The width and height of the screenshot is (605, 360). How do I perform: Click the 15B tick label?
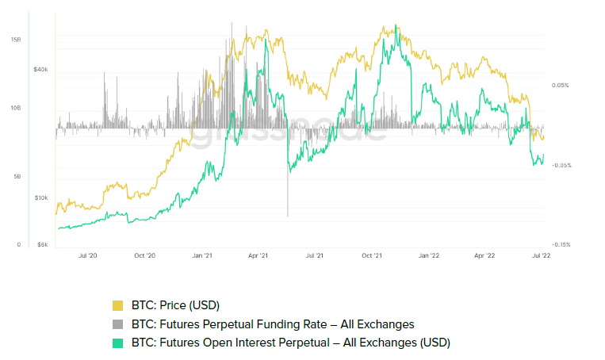point(16,39)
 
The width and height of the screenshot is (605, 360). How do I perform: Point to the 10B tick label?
point(16,108)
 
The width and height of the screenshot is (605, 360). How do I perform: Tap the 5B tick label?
point(16,177)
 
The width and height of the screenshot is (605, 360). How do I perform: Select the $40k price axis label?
point(40,70)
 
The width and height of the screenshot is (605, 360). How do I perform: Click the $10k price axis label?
point(40,198)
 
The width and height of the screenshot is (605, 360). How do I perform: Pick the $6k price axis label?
point(42,245)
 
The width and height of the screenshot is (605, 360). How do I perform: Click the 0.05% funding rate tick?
point(561,85)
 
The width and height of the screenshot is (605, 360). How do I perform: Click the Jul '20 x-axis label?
point(87,256)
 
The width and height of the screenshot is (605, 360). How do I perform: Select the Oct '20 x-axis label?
point(144,256)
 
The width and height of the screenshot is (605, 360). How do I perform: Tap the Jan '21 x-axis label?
point(201,256)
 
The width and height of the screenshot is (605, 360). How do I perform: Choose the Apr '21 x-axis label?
point(258,256)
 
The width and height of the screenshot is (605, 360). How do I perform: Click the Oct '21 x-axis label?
point(372,256)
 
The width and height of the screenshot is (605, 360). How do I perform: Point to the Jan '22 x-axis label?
point(429,256)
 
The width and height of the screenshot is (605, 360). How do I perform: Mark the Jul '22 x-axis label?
point(540,256)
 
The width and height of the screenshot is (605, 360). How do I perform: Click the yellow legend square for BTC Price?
point(118,305)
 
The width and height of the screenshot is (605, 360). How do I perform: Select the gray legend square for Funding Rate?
point(118,324)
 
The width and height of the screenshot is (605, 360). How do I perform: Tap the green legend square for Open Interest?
point(118,343)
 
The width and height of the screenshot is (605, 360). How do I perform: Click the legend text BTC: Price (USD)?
point(175,305)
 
